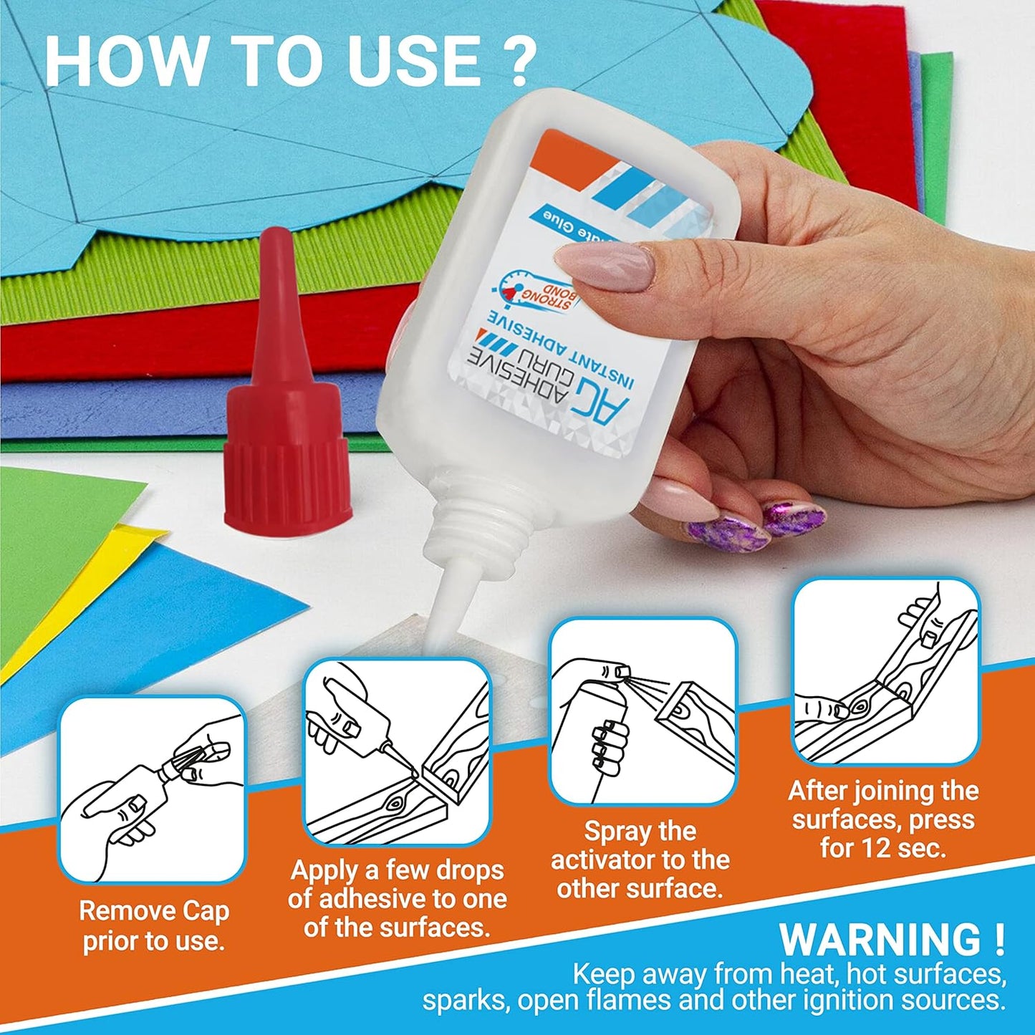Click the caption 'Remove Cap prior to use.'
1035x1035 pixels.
pos(153,925)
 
